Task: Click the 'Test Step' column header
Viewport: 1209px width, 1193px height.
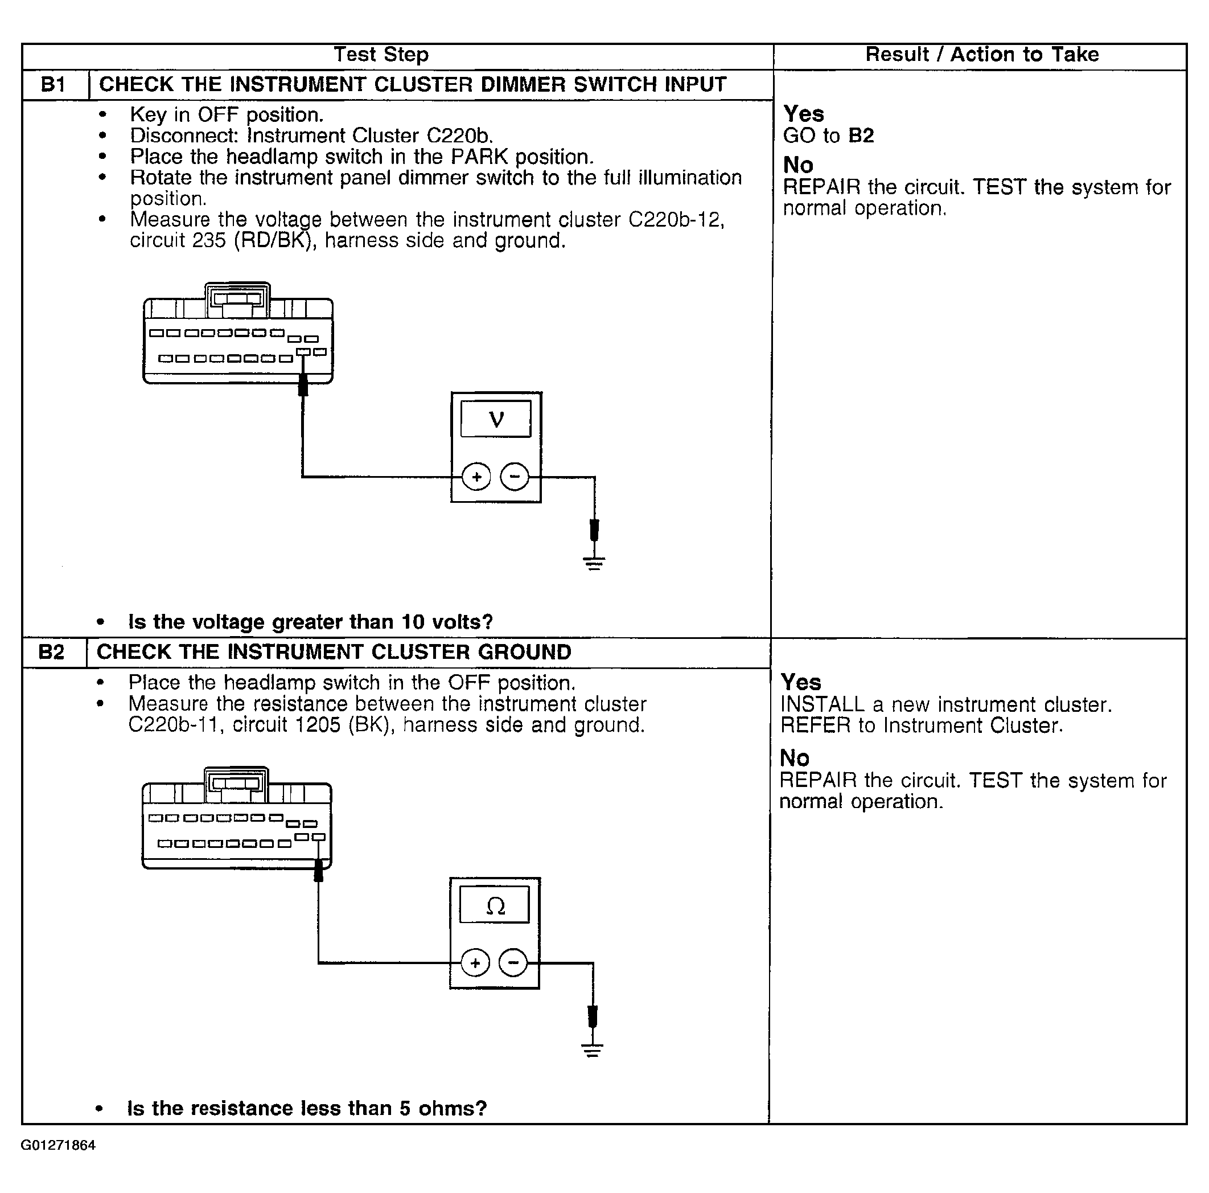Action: tap(381, 55)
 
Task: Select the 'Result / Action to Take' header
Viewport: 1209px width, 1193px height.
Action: tap(982, 55)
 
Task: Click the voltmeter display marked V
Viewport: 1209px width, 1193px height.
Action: tap(496, 419)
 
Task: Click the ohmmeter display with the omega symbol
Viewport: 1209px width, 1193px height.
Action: tap(495, 904)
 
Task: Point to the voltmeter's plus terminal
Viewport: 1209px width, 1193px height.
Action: tap(476, 477)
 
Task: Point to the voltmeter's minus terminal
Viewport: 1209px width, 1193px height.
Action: tap(515, 477)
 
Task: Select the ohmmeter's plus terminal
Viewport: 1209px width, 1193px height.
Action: tap(475, 963)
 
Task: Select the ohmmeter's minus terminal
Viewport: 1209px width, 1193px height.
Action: tap(513, 963)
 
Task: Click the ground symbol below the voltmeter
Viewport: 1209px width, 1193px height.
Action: tap(594, 563)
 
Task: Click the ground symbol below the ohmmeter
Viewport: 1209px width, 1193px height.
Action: tap(592, 1049)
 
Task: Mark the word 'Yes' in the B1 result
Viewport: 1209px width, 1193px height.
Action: tap(804, 114)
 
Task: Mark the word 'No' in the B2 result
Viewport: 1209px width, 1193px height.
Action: tap(795, 758)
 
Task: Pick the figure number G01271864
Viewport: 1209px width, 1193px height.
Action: tap(58, 1145)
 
